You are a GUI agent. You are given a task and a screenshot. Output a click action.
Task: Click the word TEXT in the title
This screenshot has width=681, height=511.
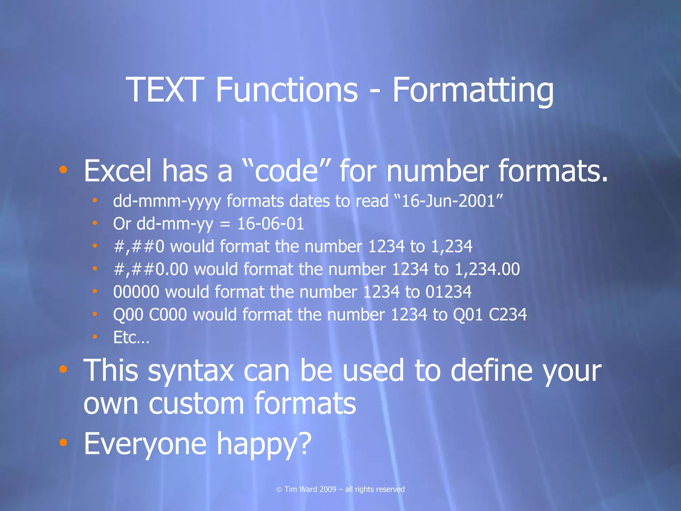(165, 90)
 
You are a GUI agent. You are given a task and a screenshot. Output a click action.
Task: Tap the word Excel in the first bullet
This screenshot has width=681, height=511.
(117, 171)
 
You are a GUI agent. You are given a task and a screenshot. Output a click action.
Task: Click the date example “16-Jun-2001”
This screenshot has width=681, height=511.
(448, 201)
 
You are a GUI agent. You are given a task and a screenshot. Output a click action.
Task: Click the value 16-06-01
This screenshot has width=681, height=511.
(270, 224)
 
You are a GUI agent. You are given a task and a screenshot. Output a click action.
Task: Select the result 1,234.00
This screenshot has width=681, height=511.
(487, 269)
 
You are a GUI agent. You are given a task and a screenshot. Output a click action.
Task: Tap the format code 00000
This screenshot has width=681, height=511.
(136, 292)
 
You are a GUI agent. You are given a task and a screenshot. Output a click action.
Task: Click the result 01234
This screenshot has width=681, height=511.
(449, 292)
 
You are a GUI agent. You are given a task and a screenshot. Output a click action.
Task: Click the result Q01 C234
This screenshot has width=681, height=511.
(490, 315)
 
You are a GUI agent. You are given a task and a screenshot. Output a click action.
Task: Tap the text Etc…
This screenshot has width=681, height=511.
(131, 337)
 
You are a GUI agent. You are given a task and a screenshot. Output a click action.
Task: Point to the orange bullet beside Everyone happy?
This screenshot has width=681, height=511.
(63, 442)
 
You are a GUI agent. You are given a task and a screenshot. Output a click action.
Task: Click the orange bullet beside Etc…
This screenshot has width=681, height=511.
(95, 337)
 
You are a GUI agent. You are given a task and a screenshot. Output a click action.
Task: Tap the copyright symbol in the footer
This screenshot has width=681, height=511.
(279, 489)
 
